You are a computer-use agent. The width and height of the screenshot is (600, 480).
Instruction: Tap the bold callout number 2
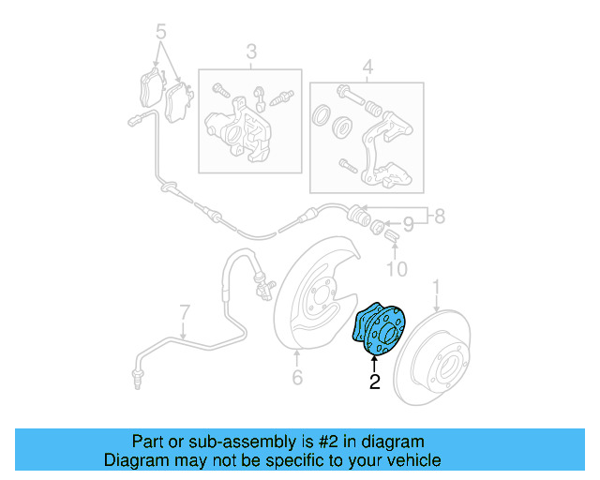click(x=375, y=382)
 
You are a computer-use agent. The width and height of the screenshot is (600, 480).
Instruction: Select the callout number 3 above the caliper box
click(x=251, y=52)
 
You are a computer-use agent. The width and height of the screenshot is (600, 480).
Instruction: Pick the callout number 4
click(x=367, y=67)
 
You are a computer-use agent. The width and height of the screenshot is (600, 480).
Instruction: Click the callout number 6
click(x=296, y=378)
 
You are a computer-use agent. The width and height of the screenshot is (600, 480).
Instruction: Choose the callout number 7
click(x=184, y=311)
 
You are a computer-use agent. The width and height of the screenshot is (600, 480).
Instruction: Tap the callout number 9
click(x=409, y=225)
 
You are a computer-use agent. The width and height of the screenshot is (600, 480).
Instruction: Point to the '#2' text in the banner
click(x=319, y=442)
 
